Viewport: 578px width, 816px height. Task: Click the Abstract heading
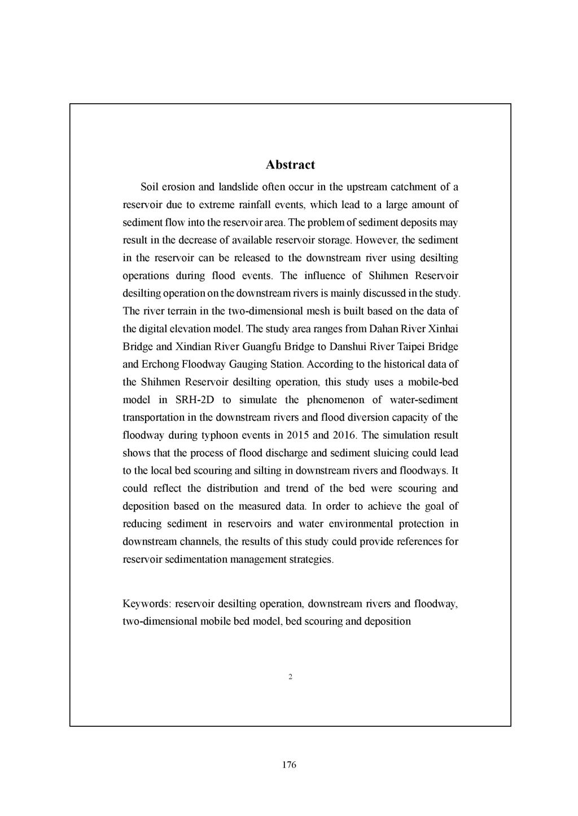point(290,165)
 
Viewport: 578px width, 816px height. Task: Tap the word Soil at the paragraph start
point(149,187)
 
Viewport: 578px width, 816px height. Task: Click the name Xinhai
point(444,329)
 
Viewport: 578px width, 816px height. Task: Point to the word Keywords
point(146,604)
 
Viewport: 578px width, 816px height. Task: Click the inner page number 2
point(290,677)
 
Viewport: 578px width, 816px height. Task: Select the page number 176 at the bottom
point(289,765)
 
